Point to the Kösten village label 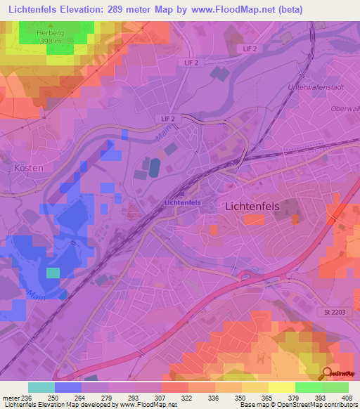[x=28, y=169]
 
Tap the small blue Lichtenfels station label [x=182, y=202]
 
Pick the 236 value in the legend [x=27, y=397]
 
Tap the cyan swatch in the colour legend [x=41, y=387]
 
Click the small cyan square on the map [x=53, y=273]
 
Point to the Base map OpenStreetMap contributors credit [x=297, y=405]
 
